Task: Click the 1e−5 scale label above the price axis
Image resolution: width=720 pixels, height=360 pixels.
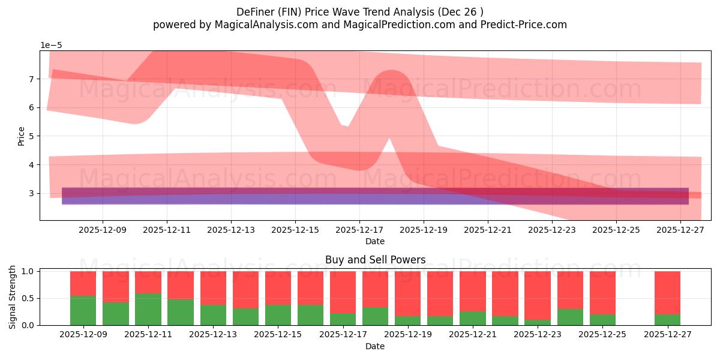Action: coord(51,45)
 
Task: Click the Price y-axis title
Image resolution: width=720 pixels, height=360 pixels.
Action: coord(22,136)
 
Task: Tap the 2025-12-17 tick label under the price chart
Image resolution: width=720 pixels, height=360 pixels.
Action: coord(359,229)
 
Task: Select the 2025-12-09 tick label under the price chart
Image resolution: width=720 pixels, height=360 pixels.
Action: coord(103,229)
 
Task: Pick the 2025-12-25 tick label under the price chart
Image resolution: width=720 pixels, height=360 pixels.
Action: coord(616,229)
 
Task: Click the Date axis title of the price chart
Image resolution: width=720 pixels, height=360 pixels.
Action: coord(375,241)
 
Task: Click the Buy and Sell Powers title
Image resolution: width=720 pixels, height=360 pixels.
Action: coord(375,260)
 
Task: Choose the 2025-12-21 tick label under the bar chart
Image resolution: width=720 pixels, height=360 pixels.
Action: coord(473,334)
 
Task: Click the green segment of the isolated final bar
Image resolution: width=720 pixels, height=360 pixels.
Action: coord(667,320)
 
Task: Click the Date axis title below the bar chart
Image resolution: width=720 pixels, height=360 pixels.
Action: coord(375,346)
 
